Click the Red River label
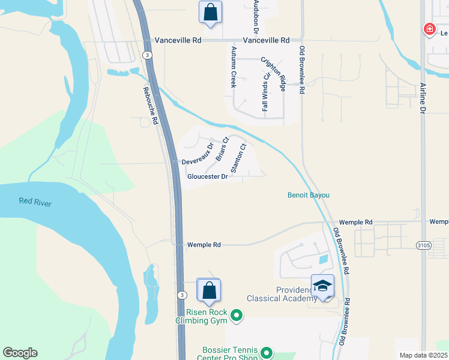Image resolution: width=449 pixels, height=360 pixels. (x=35, y=202)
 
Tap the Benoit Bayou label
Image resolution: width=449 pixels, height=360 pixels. (x=309, y=195)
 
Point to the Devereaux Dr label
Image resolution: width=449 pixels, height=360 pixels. (x=198, y=154)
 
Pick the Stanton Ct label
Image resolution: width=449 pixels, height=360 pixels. (x=239, y=157)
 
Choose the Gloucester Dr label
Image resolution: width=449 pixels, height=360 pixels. (x=208, y=176)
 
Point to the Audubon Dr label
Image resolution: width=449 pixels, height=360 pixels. (x=256, y=15)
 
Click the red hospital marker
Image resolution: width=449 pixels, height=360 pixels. (x=429, y=29)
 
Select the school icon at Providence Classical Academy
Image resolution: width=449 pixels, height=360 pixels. (x=322, y=286)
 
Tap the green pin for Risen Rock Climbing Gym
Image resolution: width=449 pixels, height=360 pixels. (x=237, y=314)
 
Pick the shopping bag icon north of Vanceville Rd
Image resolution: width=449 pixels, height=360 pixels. (x=210, y=11)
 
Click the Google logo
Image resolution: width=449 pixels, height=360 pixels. (x=20, y=353)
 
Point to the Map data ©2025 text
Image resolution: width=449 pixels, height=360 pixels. (x=423, y=355)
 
